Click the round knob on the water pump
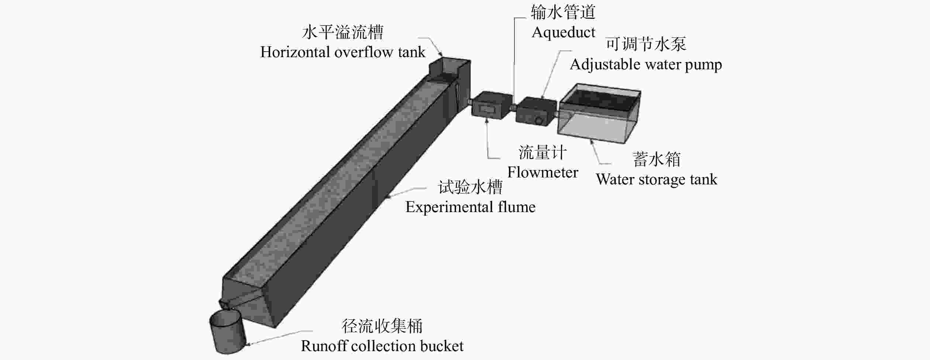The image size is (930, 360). (540, 121)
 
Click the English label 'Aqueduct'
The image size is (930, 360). (563, 32)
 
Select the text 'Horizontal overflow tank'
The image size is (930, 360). (342, 52)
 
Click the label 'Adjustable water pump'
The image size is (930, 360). (645, 65)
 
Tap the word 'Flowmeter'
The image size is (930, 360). (542, 173)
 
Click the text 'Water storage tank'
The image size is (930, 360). (656, 180)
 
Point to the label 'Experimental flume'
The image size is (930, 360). (470, 207)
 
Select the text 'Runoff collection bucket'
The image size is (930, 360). (382, 346)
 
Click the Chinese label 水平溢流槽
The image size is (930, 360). (342, 32)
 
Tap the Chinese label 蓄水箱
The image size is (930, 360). (657, 159)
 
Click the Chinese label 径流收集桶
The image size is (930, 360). (382, 326)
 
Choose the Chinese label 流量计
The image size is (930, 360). (542, 153)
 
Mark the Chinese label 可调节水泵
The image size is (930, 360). (645, 45)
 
